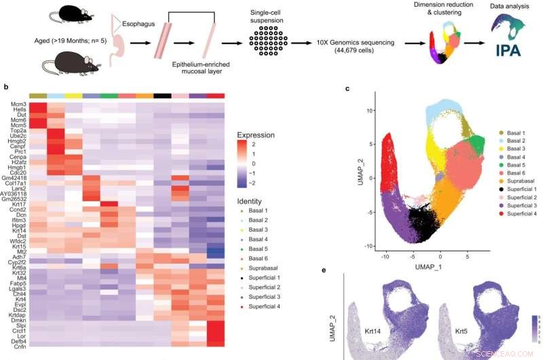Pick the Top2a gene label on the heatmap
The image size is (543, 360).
tap(18, 127)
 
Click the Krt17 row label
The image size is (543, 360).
tap(18, 204)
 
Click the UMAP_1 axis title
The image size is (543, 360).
tap(429, 259)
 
